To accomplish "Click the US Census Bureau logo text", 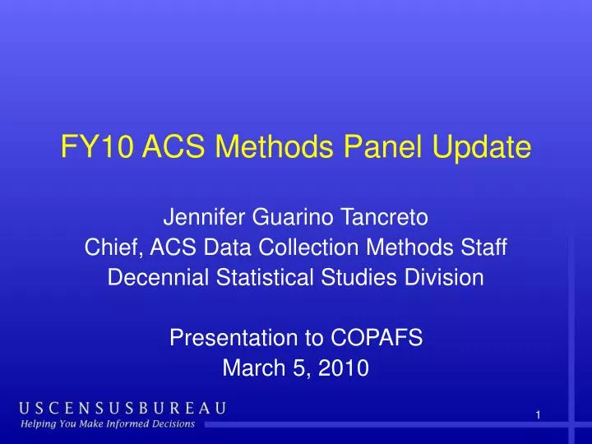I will point(123,409).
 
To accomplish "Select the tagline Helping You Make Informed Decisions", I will point(107,424).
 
